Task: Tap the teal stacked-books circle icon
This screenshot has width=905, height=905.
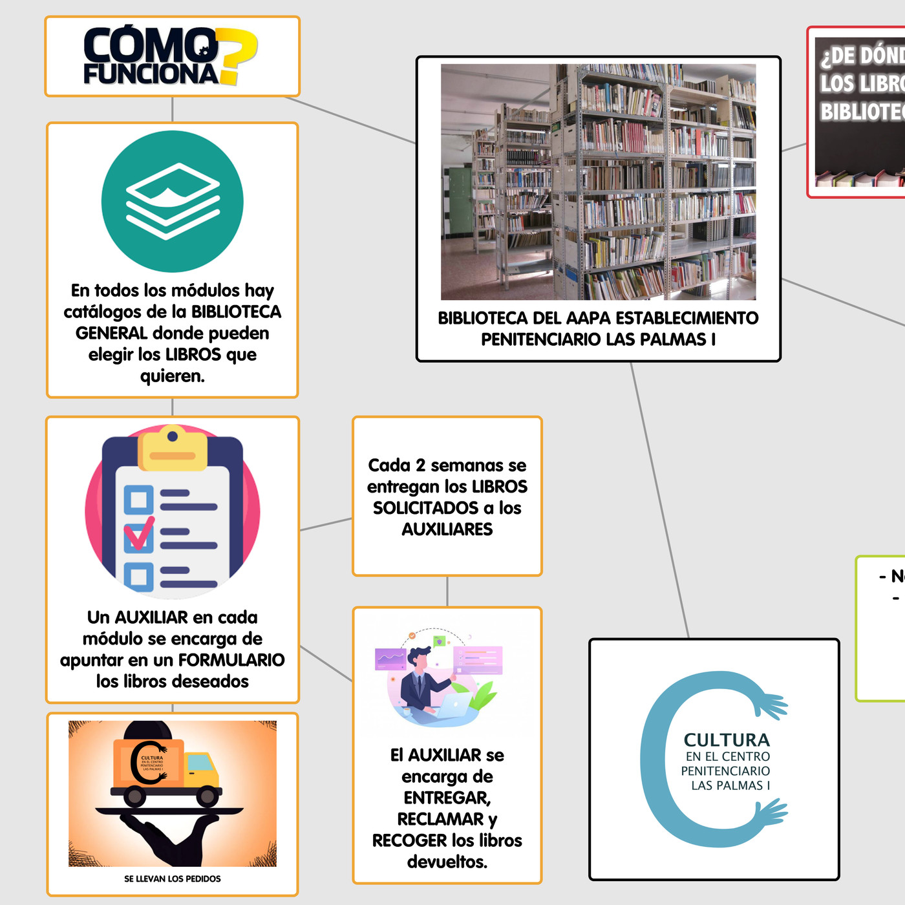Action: pyautogui.click(x=173, y=201)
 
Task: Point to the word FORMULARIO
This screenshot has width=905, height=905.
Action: pyautogui.click(x=231, y=660)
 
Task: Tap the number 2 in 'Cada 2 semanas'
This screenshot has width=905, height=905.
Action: pyautogui.click(x=420, y=465)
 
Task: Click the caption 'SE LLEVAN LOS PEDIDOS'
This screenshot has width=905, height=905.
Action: pyautogui.click(x=173, y=879)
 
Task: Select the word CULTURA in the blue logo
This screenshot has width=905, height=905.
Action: pyautogui.click(x=727, y=740)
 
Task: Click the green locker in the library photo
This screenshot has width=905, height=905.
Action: pyautogui.click(x=460, y=200)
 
